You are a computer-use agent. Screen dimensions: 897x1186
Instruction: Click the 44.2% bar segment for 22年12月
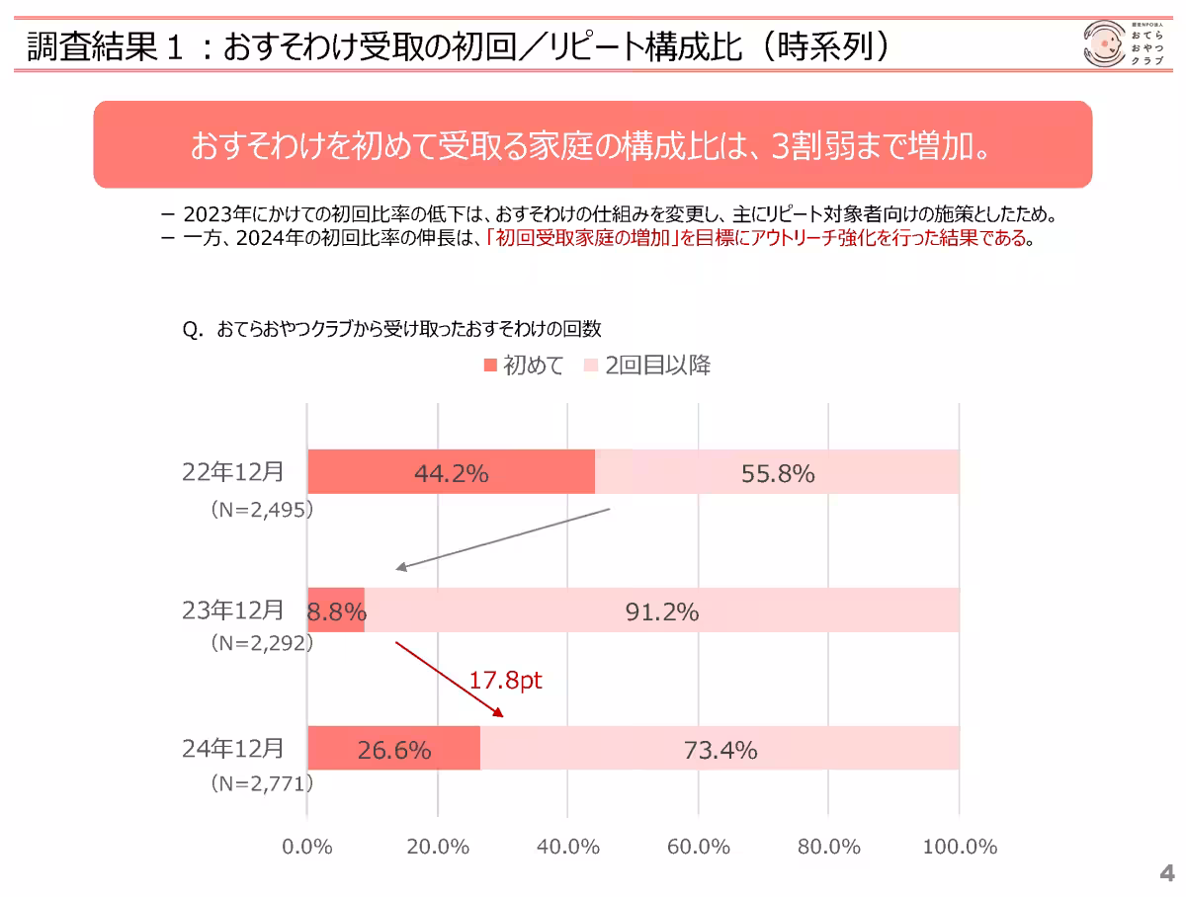451,472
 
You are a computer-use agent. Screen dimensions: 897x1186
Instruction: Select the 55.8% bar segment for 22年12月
777,472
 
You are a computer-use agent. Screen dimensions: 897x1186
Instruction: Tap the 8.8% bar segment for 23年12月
336,611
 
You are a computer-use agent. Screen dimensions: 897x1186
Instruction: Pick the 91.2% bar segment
661,611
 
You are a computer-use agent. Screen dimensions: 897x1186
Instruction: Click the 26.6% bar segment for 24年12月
393,749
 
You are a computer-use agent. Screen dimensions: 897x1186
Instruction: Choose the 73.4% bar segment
720,749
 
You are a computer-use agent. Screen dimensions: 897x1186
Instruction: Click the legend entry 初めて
524,366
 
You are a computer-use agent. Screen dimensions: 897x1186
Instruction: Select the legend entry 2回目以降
648,366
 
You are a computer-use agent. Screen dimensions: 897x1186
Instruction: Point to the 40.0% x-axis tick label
568,847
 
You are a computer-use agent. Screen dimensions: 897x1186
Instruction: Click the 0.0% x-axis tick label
308,847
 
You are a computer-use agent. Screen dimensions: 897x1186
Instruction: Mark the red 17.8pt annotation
505,681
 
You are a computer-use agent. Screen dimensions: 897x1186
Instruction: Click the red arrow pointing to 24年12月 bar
450,680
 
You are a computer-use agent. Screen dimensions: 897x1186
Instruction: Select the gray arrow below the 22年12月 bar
503,539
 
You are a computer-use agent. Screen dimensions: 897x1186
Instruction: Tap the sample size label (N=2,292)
261,643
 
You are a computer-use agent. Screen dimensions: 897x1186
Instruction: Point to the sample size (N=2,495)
261,510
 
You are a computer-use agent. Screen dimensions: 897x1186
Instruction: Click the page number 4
1166,873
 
